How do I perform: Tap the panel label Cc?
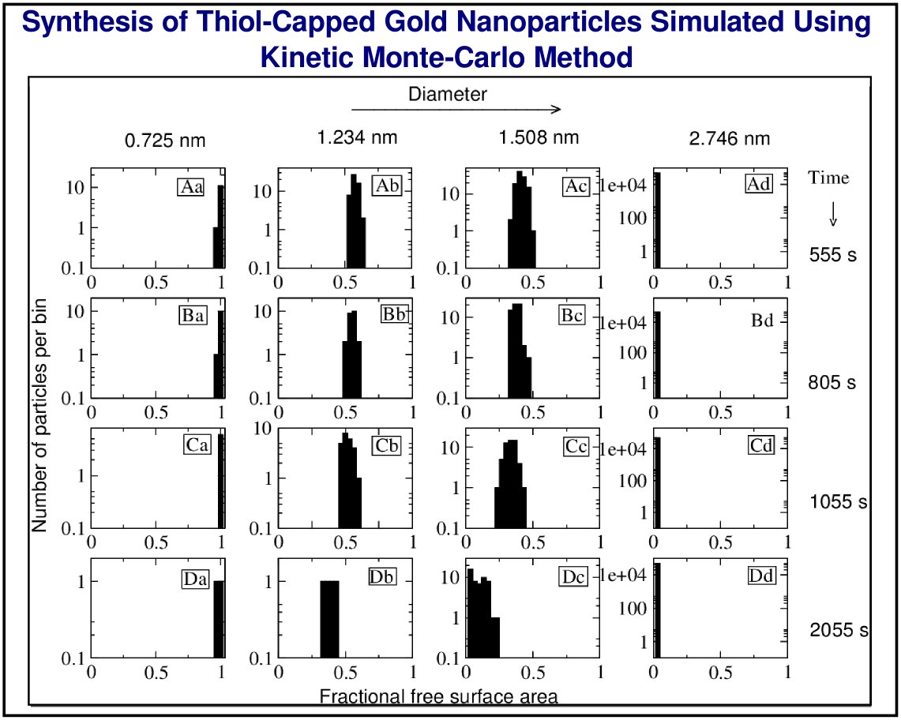click(576, 446)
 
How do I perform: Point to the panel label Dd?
click(761, 576)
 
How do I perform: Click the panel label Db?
click(382, 576)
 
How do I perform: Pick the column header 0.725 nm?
click(165, 141)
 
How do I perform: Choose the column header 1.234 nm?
click(357, 138)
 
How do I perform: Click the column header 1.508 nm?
click(539, 138)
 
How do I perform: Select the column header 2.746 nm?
click(729, 140)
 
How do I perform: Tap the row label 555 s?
click(833, 255)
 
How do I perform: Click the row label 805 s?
click(832, 383)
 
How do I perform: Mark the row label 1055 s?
click(839, 502)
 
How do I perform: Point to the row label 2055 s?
click(839, 630)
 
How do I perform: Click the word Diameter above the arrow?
click(448, 95)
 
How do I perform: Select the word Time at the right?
click(828, 178)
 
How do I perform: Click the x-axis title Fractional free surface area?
click(438, 696)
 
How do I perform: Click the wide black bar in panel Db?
click(329, 619)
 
